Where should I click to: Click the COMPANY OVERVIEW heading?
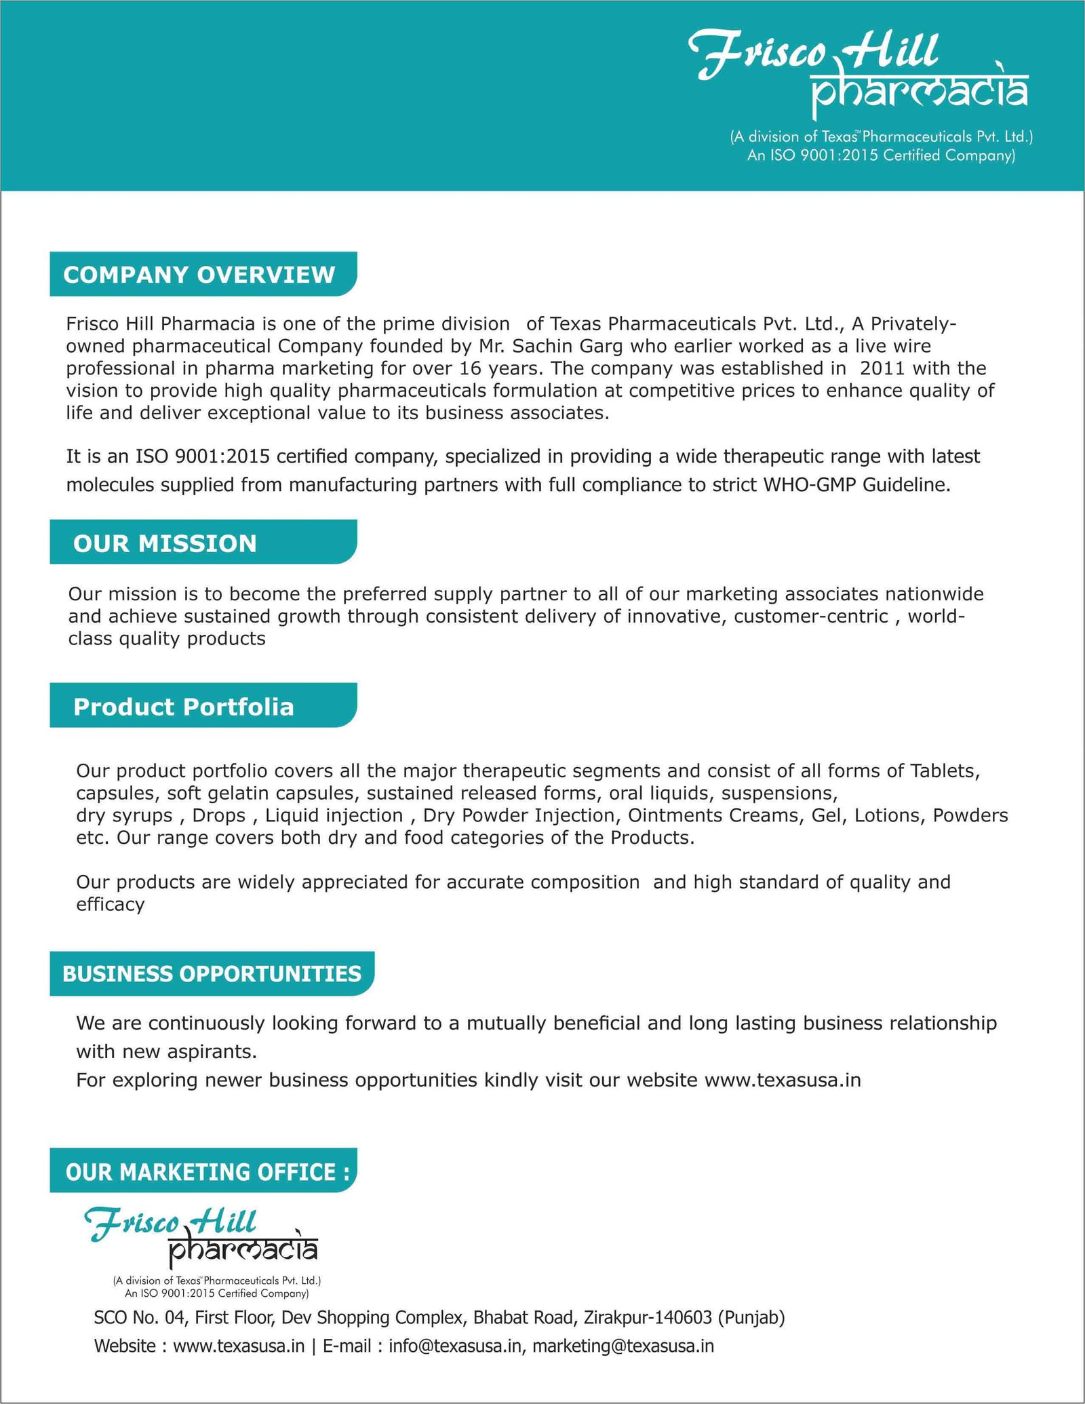(199, 275)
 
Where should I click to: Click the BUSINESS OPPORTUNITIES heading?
(212, 974)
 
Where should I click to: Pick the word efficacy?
(110, 905)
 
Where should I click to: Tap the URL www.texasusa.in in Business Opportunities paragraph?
(783, 1080)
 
